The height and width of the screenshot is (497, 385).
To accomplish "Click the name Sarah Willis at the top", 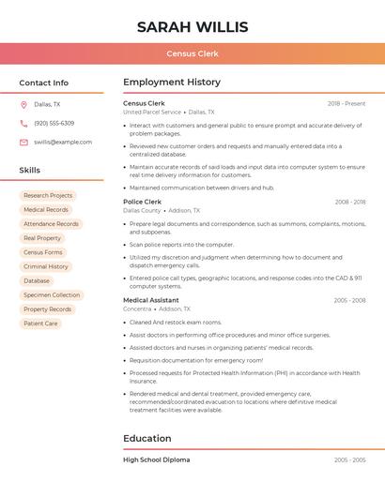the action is point(192,26).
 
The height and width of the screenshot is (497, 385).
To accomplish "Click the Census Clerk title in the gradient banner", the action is point(192,53).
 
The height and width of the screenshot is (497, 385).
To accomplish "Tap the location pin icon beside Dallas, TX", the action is point(23,104).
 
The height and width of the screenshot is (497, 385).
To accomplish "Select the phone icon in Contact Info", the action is point(23,123).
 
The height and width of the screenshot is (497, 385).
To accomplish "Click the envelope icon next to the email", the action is point(23,142).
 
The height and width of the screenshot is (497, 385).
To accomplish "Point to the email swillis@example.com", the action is point(63,142).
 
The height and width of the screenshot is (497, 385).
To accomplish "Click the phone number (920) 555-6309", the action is point(54,123).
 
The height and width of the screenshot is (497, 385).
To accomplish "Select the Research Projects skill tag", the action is point(48,196).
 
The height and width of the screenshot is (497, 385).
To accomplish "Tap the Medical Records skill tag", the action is point(46,210).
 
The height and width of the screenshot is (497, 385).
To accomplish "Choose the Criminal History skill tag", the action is point(46,266).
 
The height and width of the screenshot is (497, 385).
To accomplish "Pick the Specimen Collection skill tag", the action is point(52,295).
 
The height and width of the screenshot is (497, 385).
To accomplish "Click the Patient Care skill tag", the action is point(40,324).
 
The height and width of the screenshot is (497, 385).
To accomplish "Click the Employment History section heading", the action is point(172,83).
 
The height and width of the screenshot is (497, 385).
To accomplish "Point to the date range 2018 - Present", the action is point(346,103).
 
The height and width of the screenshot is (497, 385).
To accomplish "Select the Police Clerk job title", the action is point(143,202).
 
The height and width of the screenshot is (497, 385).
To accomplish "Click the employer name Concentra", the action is point(137,309).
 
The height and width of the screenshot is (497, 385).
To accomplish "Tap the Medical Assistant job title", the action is point(151,300).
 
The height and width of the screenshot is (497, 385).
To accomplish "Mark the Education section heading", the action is point(147,438).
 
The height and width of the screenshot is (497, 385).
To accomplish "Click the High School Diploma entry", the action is point(157,459).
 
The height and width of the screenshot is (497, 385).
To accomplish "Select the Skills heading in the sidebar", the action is point(30,170).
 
